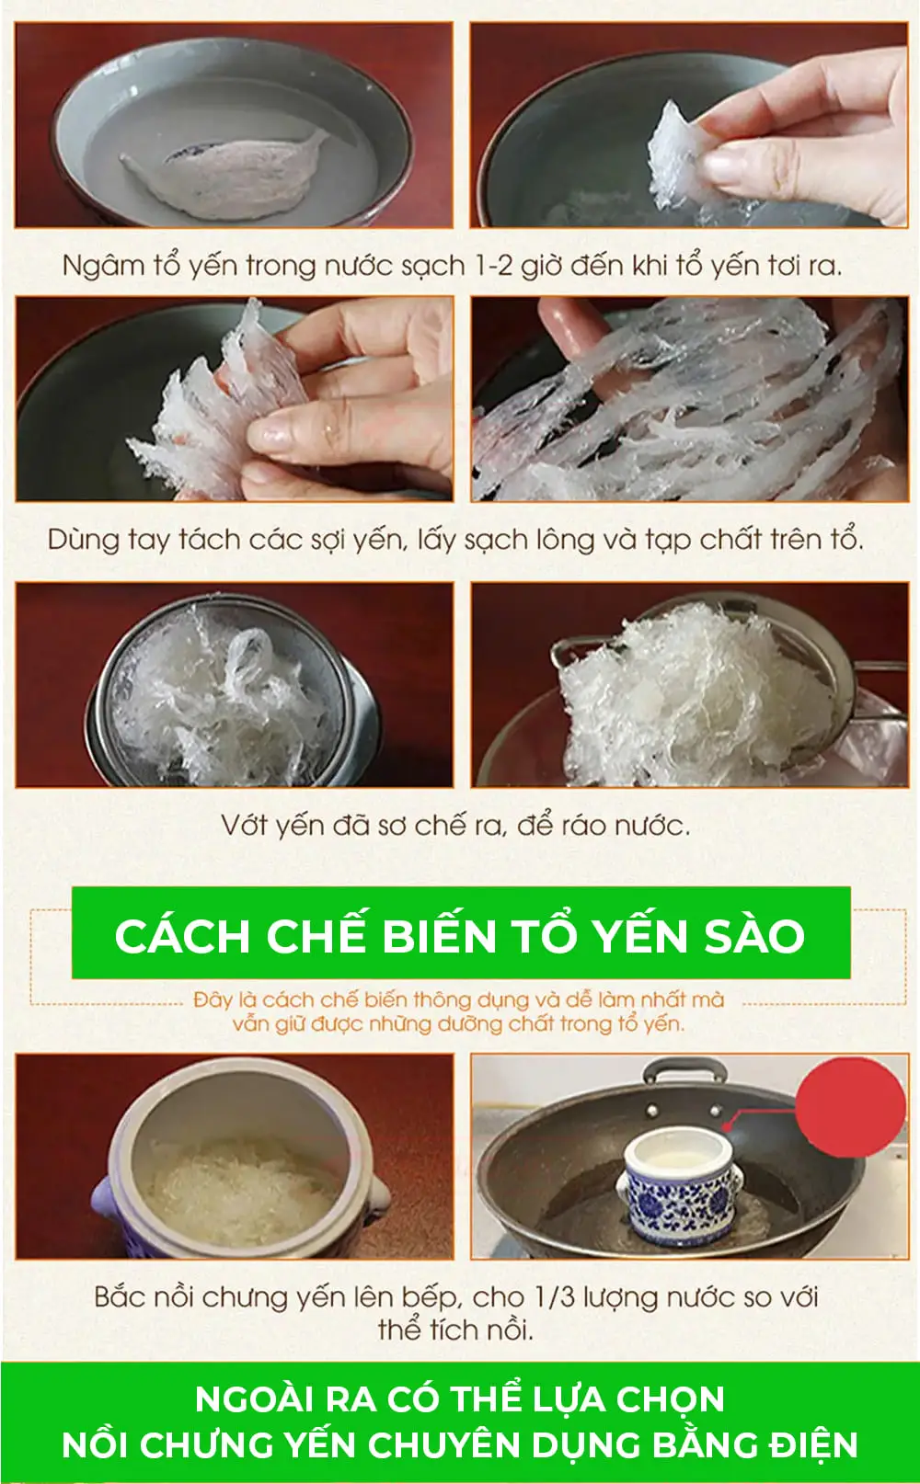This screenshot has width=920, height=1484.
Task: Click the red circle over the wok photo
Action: [850, 1107]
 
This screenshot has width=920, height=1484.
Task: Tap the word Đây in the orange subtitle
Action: [213, 999]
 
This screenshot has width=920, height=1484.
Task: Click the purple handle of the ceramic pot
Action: [103, 1198]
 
